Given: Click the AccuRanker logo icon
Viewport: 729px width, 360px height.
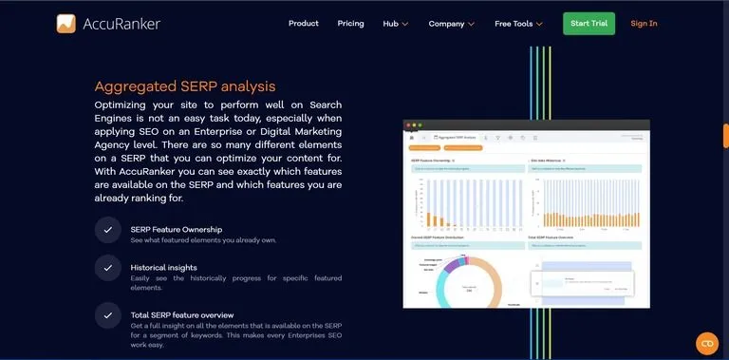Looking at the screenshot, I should click(66, 23).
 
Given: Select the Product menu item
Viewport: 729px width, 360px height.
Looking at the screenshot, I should click(303, 23).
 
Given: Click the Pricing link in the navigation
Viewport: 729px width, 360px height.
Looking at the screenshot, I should click(350, 23).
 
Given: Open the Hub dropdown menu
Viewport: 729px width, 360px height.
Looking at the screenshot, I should click(396, 23).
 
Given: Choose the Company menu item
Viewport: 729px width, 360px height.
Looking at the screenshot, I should click(451, 23).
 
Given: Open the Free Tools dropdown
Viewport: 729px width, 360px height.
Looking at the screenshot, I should click(518, 23).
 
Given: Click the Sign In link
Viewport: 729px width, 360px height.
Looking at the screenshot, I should click(644, 23).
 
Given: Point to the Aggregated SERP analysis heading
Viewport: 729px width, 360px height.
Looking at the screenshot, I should click(185, 86).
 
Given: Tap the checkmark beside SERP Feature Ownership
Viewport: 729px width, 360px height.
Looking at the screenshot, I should click(107, 229).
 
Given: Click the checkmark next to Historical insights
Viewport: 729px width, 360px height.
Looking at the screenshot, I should click(107, 268).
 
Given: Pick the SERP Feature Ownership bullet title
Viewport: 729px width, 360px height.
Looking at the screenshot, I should click(177, 229).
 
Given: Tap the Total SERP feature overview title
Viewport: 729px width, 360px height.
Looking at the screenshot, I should click(182, 314).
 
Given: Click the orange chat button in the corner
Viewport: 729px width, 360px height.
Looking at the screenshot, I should click(706, 343).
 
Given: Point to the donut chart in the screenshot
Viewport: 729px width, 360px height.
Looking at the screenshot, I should click(467, 281).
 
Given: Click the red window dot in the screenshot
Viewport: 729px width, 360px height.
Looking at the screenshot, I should click(407, 124).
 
